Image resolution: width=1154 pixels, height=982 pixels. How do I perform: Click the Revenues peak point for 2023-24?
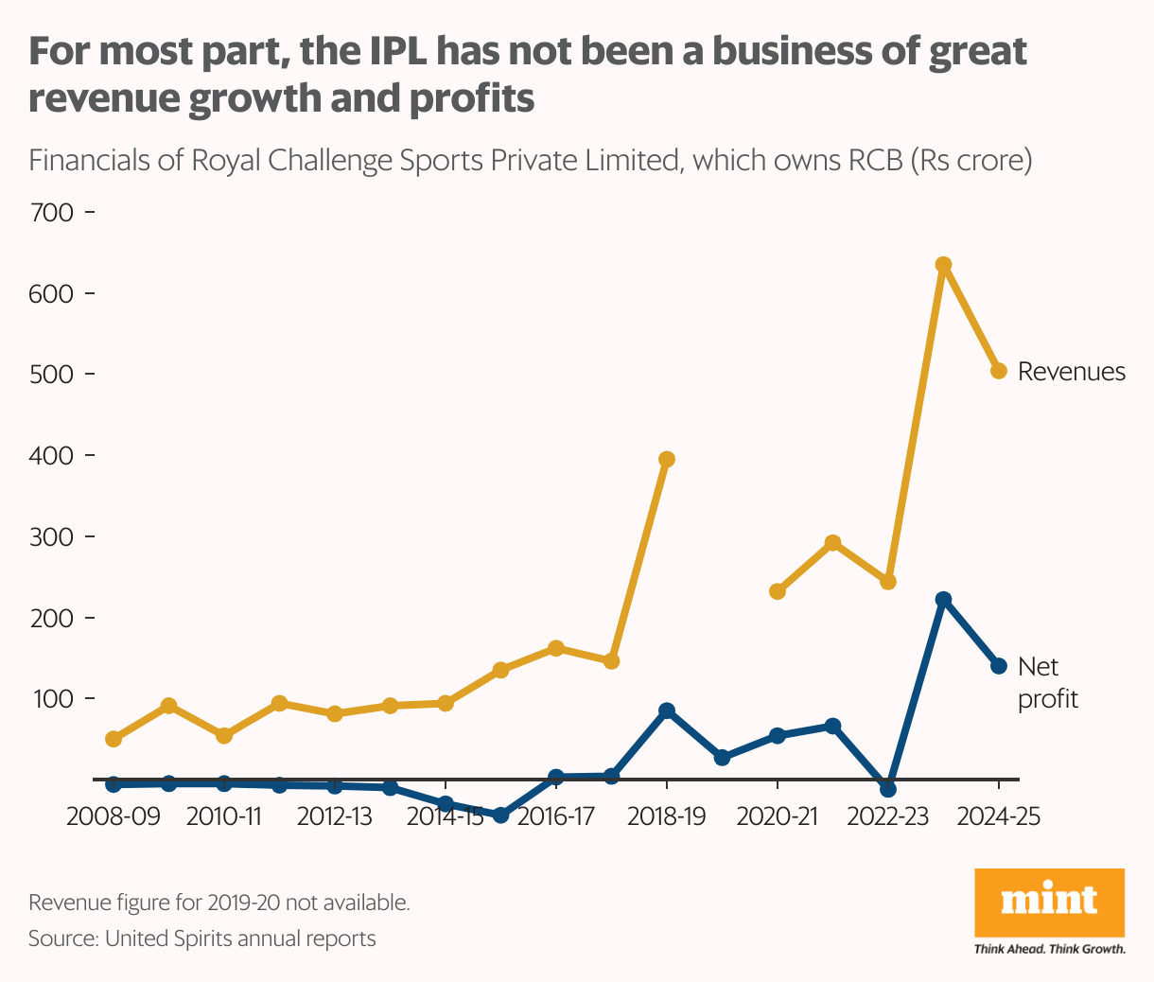pyautogui.click(x=942, y=265)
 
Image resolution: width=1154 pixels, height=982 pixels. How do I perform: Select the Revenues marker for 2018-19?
pyautogui.click(x=666, y=460)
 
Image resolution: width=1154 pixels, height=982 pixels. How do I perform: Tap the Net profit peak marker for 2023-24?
pyautogui.click(x=942, y=600)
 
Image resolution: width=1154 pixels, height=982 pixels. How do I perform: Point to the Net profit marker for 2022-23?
pyautogui.click(x=887, y=789)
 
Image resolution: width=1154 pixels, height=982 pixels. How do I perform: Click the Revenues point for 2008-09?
pyautogui.click(x=114, y=739)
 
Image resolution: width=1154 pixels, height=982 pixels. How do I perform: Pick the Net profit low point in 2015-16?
pyautogui.click(x=500, y=815)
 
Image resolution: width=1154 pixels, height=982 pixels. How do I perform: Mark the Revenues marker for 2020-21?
pyautogui.click(x=778, y=591)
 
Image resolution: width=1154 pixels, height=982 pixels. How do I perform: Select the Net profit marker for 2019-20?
pyautogui.click(x=722, y=758)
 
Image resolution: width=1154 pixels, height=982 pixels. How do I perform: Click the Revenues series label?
pyautogui.click(x=1071, y=372)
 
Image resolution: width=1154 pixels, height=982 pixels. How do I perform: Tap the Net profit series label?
pyautogui.click(x=1047, y=683)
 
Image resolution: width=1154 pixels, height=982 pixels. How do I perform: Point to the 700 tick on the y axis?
pyautogui.click(x=52, y=212)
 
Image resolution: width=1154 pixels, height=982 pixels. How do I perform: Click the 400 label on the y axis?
pyautogui.click(x=52, y=455)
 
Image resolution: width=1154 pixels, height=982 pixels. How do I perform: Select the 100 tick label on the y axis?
pyautogui.click(x=52, y=699)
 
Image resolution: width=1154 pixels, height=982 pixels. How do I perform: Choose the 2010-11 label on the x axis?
pyautogui.click(x=224, y=816)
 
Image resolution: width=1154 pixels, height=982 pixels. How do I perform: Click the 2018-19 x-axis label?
pyautogui.click(x=666, y=816)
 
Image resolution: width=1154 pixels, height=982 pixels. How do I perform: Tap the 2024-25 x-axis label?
pyautogui.click(x=998, y=816)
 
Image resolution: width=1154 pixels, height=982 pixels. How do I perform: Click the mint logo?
pyautogui.click(x=1049, y=902)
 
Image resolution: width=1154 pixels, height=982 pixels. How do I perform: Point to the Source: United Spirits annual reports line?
pyautogui.click(x=201, y=938)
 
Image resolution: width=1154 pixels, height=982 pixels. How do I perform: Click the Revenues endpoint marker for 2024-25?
pyautogui.click(x=998, y=371)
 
